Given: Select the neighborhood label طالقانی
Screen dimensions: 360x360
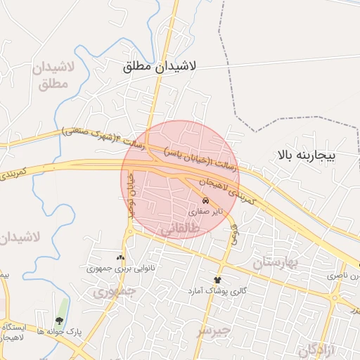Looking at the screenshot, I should click(x=181, y=229).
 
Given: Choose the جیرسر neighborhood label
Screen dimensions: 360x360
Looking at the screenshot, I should click(x=213, y=330).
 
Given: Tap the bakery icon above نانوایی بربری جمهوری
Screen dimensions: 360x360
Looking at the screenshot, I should click(x=120, y=257).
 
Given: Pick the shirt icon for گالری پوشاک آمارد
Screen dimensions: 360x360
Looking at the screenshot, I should click(x=217, y=281).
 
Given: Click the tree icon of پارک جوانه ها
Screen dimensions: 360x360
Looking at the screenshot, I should click(x=60, y=320).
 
